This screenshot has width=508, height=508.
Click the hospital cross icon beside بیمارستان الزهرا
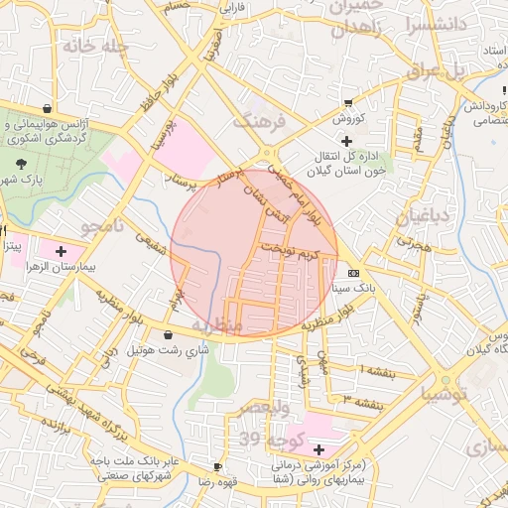click(62, 251)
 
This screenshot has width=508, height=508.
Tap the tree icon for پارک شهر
click(23, 164)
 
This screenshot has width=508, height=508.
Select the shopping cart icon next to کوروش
click(348, 103)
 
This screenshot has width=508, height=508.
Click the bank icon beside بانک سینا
click(354, 273)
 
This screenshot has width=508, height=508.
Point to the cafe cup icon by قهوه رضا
click(217, 466)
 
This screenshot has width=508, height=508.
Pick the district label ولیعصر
click(266, 408)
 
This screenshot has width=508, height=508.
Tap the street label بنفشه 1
click(376, 370)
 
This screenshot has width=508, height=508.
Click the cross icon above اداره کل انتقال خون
click(346, 141)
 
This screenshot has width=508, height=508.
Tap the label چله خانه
click(95, 46)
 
